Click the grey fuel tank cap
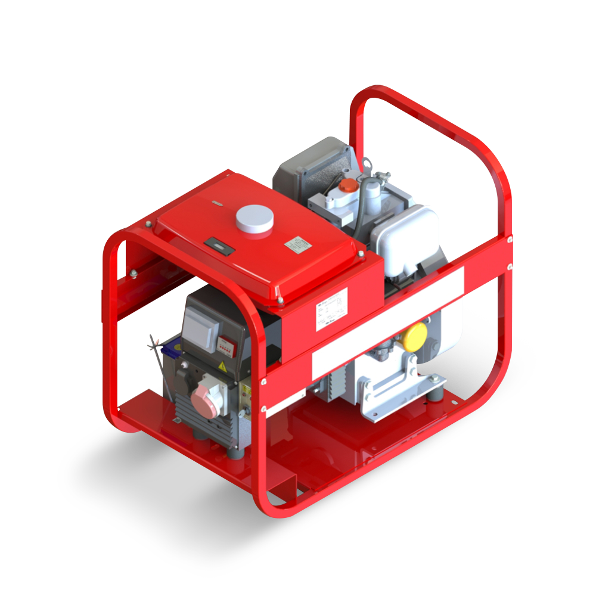coord(254,219)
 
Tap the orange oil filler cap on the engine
coord(346,186)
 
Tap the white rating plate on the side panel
coord(331,309)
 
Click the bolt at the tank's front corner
coord(280,303)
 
